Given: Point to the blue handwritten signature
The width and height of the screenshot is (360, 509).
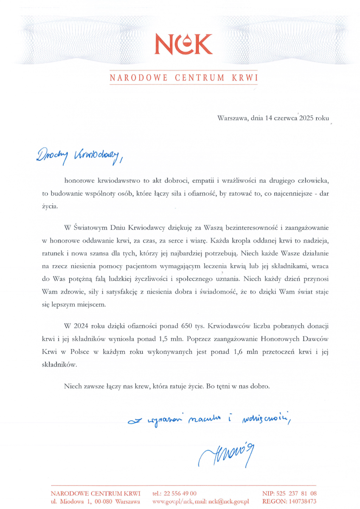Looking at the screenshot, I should tap(226, 453).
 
